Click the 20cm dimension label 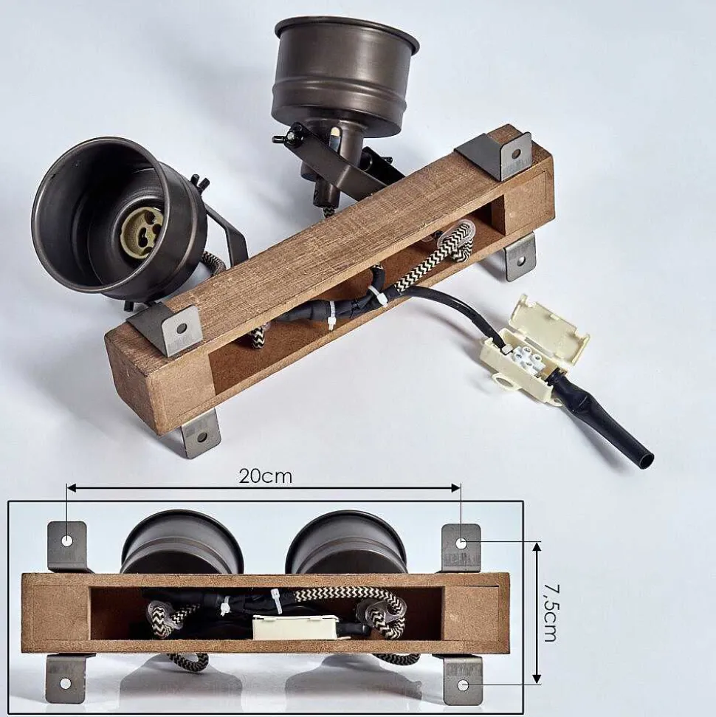[x=265, y=476]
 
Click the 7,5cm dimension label [x=551, y=612]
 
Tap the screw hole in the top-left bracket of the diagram [x=67, y=541]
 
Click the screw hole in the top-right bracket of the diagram [x=461, y=543]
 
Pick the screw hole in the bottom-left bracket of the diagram [x=66, y=684]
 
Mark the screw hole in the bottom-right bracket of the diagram [x=463, y=685]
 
